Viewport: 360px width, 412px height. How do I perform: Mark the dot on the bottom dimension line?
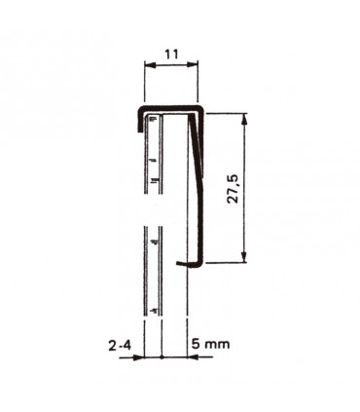click(161, 357)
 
